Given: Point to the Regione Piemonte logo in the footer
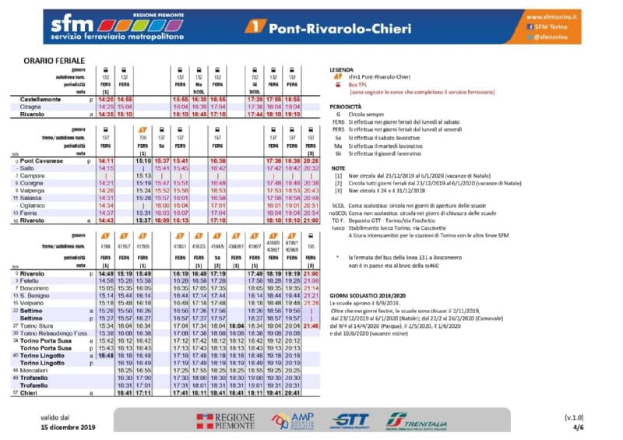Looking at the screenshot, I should [225, 421].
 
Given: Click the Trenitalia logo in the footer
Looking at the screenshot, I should [417, 421].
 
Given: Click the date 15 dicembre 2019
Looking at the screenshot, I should [69, 428].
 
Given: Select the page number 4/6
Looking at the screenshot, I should [578, 428].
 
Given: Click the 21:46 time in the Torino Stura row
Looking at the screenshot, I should [310, 325].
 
